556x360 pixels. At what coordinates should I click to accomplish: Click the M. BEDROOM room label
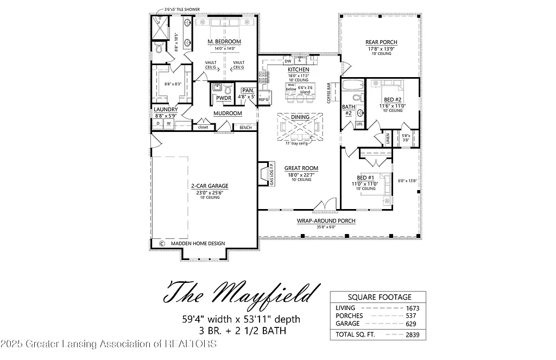click(x=224, y=42)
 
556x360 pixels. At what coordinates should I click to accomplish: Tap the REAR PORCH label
click(x=381, y=42)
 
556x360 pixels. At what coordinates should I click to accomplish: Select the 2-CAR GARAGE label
click(x=209, y=186)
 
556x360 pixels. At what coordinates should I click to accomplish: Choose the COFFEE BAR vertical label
click(x=329, y=93)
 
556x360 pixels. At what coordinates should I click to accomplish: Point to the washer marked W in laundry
click(x=168, y=124)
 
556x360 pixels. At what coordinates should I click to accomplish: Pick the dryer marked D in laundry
click(x=158, y=124)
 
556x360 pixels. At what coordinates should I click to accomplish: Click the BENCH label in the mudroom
click(x=245, y=128)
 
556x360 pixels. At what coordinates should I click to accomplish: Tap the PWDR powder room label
click(x=224, y=98)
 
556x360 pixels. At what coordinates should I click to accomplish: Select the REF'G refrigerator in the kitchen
click(x=264, y=100)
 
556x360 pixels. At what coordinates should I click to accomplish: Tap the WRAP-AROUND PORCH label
click(x=326, y=221)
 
